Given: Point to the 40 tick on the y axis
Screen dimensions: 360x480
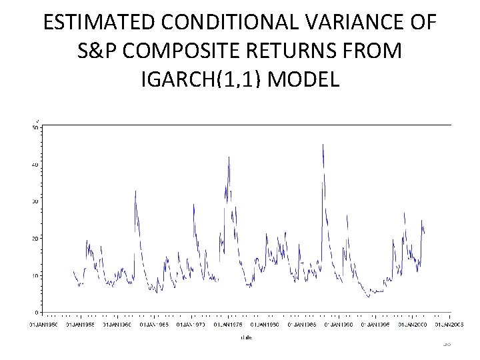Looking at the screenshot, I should pyautogui.click(x=35, y=165).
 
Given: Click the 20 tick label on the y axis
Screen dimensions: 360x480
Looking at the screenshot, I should pyautogui.click(x=35, y=239).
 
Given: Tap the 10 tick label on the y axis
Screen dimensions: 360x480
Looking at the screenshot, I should pyautogui.click(x=35, y=275).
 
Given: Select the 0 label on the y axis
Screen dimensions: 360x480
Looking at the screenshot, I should pyautogui.click(x=36, y=312).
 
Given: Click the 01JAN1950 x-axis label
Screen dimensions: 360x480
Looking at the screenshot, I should pyautogui.click(x=43, y=325).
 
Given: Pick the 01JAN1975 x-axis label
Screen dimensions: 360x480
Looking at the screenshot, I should pyautogui.click(x=228, y=325).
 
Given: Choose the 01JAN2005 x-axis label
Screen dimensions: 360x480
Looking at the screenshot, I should pyautogui.click(x=450, y=325).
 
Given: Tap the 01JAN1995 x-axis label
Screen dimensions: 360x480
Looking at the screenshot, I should pyautogui.click(x=376, y=325).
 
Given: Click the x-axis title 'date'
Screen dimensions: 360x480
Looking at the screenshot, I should pyautogui.click(x=247, y=338).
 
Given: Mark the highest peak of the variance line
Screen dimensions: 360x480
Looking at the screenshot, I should pyautogui.click(x=323, y=144).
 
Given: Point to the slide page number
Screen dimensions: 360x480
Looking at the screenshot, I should pyautogui.click(x=446, y=343).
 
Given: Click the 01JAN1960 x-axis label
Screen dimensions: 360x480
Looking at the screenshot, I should pyautogui.click(x=117, y=325).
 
